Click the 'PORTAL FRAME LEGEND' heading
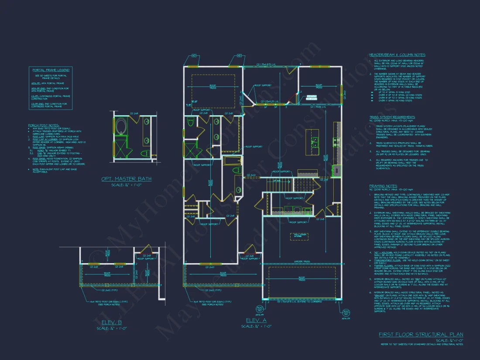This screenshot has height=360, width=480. click(x=51, y=70)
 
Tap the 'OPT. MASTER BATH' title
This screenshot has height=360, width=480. click(x=127, y=179)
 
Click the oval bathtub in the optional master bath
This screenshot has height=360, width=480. click(x=120, y=127)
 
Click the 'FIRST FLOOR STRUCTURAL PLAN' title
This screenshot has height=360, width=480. click(x=421, y=334)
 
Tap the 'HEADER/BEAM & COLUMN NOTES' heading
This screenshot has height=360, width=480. click(x=397, y=55)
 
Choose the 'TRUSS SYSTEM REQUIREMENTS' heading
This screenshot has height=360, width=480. click(x=391, y=117)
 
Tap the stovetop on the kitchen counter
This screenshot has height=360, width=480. click(x=336, y=141)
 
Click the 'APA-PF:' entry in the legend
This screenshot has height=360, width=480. click(x=35, y=82)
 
